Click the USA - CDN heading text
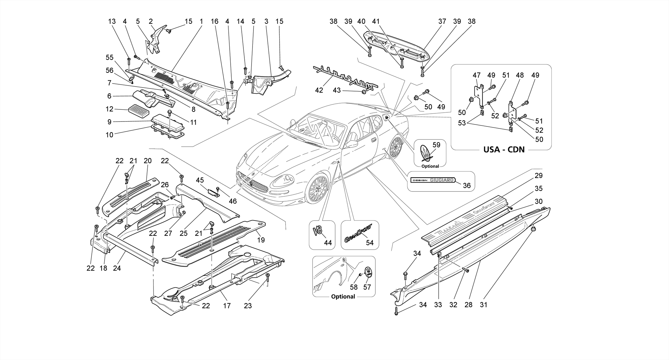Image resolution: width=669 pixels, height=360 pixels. (504, 150)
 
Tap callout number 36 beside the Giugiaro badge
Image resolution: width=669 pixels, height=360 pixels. (467, 186)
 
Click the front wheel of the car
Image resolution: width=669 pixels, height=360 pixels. (317, 188)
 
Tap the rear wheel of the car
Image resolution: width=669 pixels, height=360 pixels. (396, 147)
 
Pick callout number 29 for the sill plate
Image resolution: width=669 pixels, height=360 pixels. (538, 176)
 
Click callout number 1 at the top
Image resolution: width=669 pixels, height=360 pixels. (201, 22)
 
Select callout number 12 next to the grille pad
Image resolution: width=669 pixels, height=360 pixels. (109, 109)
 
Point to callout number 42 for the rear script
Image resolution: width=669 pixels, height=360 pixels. (319, 90)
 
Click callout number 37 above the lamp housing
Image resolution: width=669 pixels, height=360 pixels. (442, 22)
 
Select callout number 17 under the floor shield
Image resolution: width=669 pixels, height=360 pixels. (227, 306)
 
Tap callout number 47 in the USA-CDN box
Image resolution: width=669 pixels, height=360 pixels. (477, 75)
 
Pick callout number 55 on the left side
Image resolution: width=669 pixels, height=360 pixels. (109, 57)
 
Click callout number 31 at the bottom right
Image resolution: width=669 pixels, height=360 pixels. (483, 305)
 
